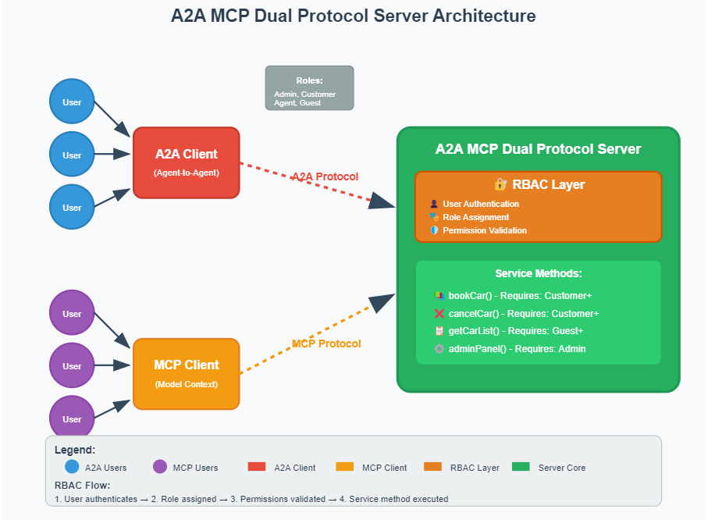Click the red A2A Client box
(186, 162)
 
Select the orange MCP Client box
(186, 373)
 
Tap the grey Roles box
(309, 87)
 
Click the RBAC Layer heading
(539, 185)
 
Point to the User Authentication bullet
(480, 204)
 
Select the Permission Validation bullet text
(484, 230)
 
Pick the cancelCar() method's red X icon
(439, 313)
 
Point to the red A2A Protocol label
(325, 176)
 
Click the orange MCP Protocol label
(326, 344)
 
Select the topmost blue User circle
(72, 102)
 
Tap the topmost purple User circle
(72, 313)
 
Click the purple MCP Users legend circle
(160, 467)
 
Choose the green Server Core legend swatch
(521, 467)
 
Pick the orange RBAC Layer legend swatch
(432, 467)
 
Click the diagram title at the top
(354, 16)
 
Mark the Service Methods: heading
(538, 273)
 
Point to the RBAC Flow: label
(82, 485)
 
